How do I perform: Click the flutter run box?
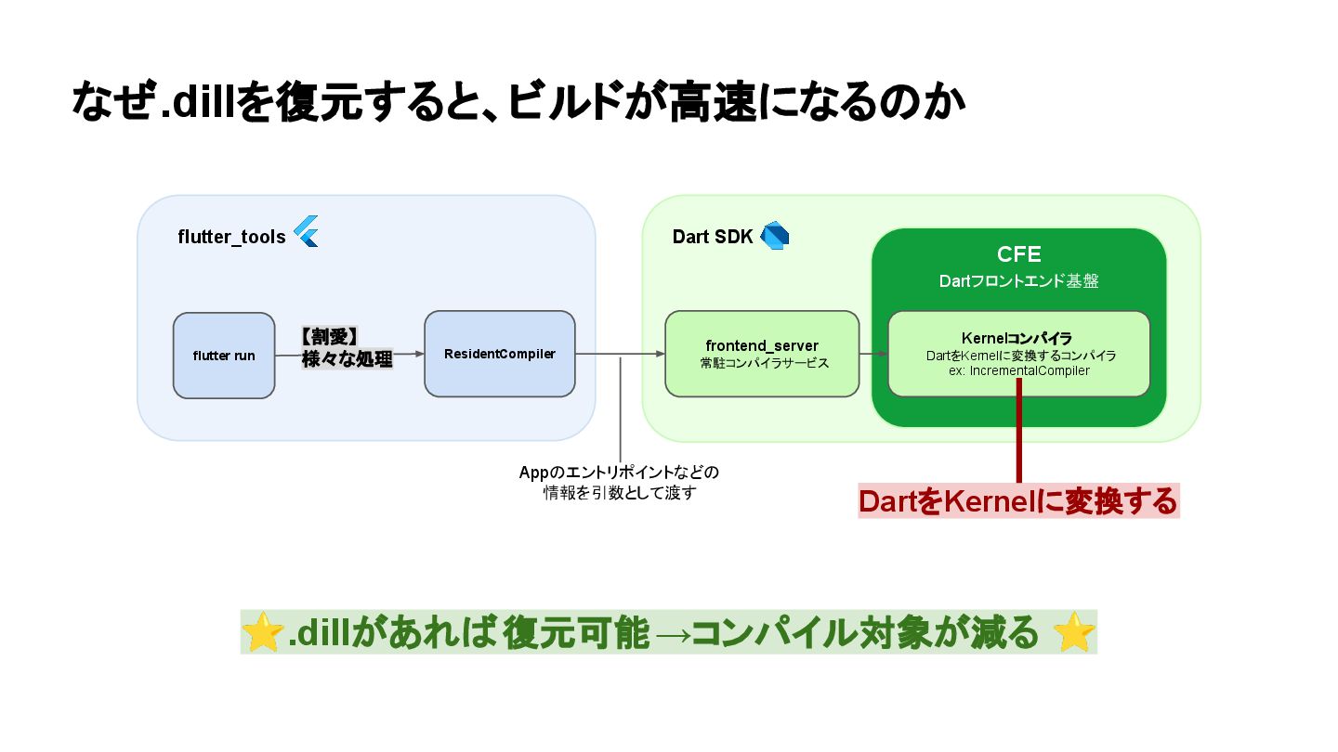(x=224, y=356)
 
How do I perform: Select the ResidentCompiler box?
(x=500, y=354)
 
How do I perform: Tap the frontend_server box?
(x=762, y=354)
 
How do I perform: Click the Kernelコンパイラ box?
(x=1018, y=354)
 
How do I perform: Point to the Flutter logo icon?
(x=307, y=231)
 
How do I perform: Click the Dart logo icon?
(x=774, y=236)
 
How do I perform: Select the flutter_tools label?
(x=231, y=237)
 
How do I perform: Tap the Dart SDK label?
(x=712, y=237)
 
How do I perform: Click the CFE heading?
(x=1018, y=254)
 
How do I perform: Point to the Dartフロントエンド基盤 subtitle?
(x=1018, y=280)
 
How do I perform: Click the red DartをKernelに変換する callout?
(x=1018, y=501)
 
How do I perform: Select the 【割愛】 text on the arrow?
(x=331, y=337)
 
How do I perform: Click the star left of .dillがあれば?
(x=263, y=633)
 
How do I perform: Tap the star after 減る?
(x=1075, y=633)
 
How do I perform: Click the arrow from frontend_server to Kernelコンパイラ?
(x=873, y=354)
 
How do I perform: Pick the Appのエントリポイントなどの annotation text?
(x=619, y=473)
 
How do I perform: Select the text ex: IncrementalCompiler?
(x=1018, y=370)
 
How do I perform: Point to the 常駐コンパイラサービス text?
(x=762, y=364)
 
